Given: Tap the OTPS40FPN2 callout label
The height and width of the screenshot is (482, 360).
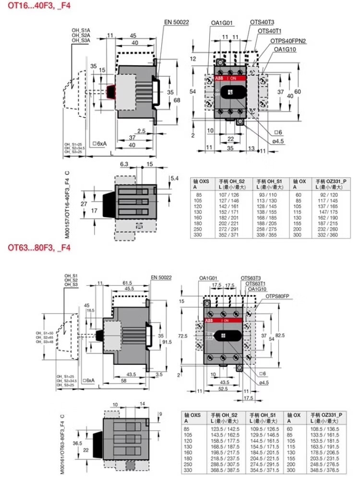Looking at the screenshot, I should click(288, 41).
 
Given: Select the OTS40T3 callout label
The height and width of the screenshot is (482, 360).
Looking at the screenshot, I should click(262, 22).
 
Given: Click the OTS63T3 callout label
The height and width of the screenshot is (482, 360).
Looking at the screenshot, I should click(251, 278).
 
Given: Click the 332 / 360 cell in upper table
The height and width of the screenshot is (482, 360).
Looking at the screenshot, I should click(329, 235).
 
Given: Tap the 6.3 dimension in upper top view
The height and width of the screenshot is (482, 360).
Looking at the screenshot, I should click(123, 164).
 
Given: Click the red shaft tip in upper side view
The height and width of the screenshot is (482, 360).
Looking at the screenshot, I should click(111, 91).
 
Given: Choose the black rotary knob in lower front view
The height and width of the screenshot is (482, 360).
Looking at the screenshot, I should click(225, 335).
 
